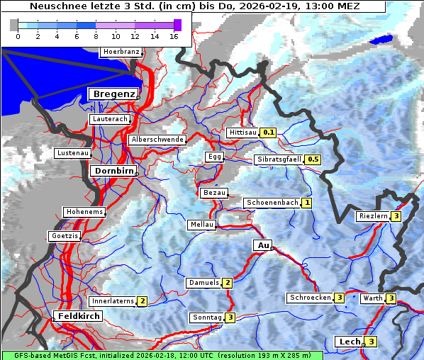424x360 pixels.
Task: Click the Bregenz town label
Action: [x=112, y=94]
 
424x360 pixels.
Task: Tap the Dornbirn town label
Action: [x=112, y=171]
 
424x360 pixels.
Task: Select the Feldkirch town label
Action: [x=79, y=315]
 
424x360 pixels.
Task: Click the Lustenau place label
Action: [x=73, y=153]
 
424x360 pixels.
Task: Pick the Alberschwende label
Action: [x=157, y=140]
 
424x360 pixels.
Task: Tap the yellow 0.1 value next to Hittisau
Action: [x=269, y=133]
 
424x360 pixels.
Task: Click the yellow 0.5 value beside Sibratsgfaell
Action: [x=313, y=159]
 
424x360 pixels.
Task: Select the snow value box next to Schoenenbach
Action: [x=306, y=203]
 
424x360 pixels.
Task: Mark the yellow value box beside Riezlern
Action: [x=396, y=216]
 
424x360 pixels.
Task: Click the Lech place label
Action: [x=350, y=342]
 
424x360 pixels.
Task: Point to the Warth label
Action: [x=372, y=298]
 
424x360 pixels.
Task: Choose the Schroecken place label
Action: [x=310, y=298]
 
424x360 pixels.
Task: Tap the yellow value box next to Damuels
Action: [x=227, y=283]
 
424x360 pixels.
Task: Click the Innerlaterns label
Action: [x=113, y=301]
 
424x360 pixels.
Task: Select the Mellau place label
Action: [x=200, y=225]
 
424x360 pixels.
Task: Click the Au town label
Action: [x=262, y=245]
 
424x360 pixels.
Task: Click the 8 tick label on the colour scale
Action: [x=96, y=35]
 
